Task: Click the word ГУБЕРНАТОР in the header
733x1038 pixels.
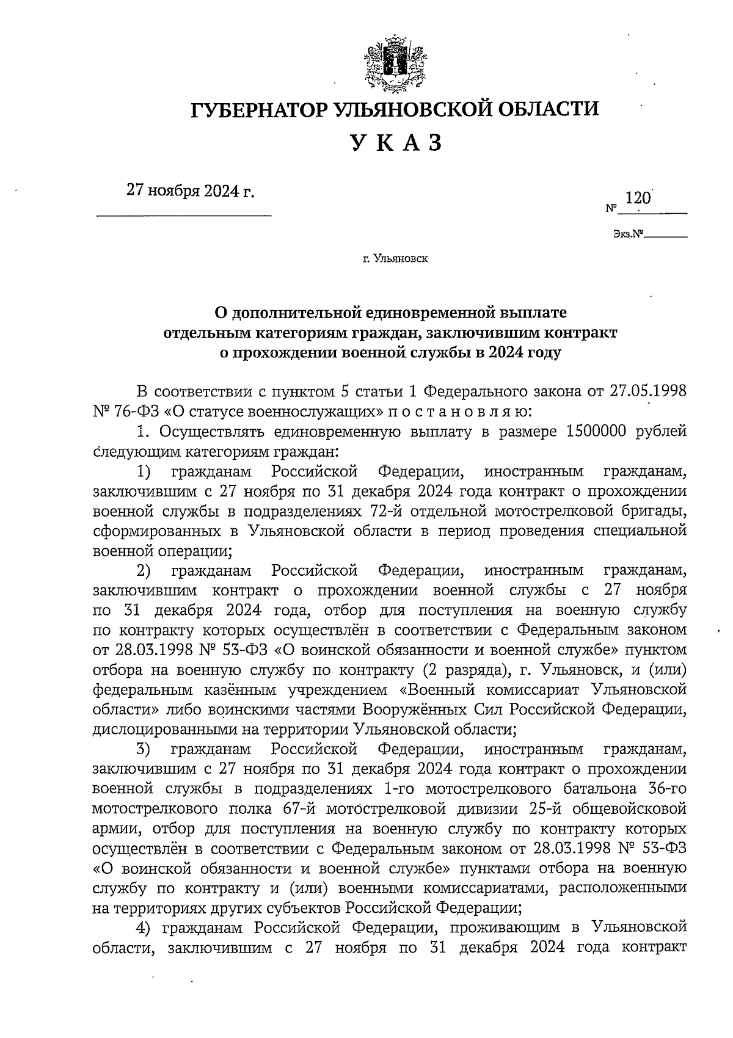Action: [x=257, y=111]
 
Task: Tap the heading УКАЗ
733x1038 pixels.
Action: [x=395, y=144]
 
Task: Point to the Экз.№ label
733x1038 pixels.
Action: [x=629, y=233]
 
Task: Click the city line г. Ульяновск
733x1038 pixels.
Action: [x=395, y=259]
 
